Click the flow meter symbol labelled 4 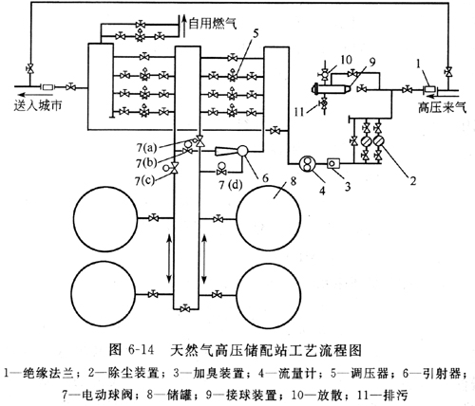307,164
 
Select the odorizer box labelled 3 332,163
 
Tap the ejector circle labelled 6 244,151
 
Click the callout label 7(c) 144,181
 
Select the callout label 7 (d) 230,185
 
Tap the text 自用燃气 213,23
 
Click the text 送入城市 38,105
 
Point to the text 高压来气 442,107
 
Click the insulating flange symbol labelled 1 430,89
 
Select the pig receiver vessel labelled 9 331,89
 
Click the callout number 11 299,112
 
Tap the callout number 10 348,60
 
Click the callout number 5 256,33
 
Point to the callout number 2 412,181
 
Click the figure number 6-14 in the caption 141,350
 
